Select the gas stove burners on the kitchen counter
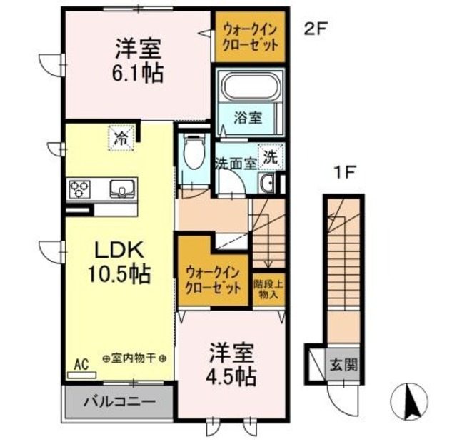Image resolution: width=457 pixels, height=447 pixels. (x=79, y=189)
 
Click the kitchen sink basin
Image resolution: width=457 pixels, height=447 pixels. (x=122, y=189)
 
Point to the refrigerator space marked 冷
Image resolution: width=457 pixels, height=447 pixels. (x=121, y=138)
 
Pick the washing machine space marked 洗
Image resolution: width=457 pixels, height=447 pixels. (x=271, y=158)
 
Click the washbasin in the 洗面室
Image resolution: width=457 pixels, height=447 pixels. (x=266, y=184)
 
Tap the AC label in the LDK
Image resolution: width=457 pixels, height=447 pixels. (x=81, y=365)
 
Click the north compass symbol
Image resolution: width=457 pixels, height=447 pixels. (x=408, y=400)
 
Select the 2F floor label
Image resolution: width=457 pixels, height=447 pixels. (x=316, y=29)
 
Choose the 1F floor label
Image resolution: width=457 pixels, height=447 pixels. (x=346, y=173)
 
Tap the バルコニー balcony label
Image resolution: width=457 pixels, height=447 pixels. (x=119, y=402)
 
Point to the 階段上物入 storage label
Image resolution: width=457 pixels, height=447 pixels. (x=268, y=289)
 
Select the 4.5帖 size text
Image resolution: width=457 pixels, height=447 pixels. (x=231, y=377)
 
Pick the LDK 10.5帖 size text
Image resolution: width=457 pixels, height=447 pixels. (x=119, y=274)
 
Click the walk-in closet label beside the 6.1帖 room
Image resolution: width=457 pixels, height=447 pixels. (x=250, y=37)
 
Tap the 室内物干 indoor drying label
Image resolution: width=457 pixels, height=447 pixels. (x=134, y=358)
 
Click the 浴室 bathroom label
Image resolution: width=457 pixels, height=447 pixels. (x=248, y=118)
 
